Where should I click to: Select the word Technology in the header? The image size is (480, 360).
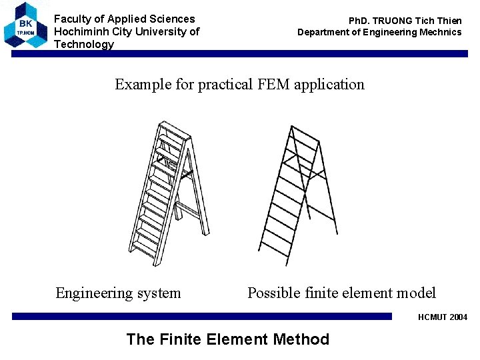point(84,44)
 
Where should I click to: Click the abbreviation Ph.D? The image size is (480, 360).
point(361,21)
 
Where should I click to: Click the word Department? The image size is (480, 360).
point(323,32)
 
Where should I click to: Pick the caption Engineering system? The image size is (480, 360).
point(118,293)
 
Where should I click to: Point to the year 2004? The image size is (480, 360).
point(458,317)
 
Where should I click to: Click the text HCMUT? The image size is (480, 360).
point(433,317)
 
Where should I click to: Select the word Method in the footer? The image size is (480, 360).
point(301,339)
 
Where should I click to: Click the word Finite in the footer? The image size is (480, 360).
point(180,339)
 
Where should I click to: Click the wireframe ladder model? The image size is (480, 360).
point(297,193)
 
